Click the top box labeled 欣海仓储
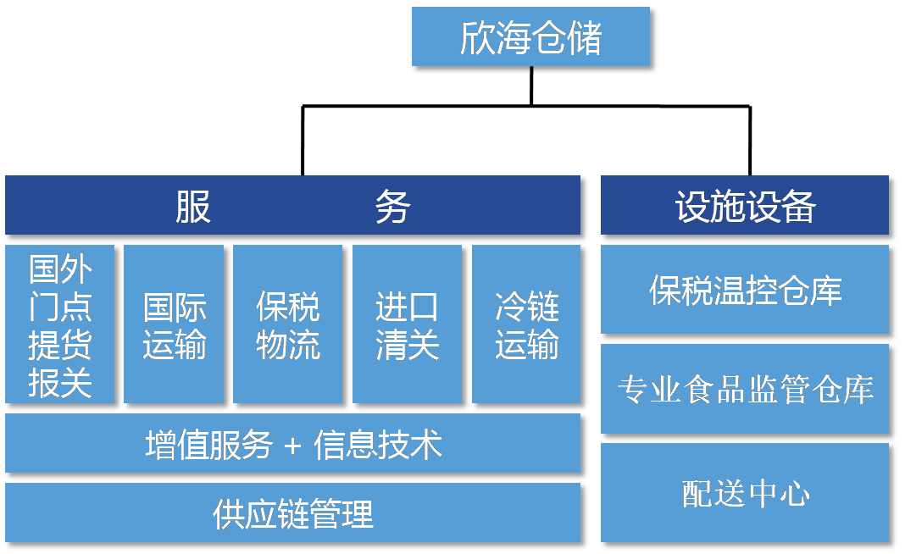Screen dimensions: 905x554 pos(530,36)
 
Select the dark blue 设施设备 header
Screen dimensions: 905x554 pos(745,205)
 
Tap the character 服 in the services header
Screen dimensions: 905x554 pos(193,206)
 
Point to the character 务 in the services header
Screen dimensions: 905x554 pos(392,206)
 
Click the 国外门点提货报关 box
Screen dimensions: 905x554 pos(59,324)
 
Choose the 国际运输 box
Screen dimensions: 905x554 pos(174,324)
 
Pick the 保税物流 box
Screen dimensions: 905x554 pos(287,324)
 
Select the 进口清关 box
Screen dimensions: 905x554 pos(407,324)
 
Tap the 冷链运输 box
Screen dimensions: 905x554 pos(526,324)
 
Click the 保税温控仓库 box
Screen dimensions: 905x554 pos(745,289)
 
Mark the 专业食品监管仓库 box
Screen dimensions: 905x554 pos(745,388)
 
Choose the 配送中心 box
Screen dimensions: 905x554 pos(745,493)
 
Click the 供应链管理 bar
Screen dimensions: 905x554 pos(292,513)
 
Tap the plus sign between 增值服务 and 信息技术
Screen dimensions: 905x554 pos(292,446)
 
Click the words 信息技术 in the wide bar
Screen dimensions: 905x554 pos(377,445)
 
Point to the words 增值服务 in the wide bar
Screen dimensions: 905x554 pos(209,445)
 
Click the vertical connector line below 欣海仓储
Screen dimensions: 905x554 pos(531,86)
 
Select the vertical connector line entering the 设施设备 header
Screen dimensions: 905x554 pos(750,141)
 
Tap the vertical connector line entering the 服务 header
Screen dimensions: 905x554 pos(303,141)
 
